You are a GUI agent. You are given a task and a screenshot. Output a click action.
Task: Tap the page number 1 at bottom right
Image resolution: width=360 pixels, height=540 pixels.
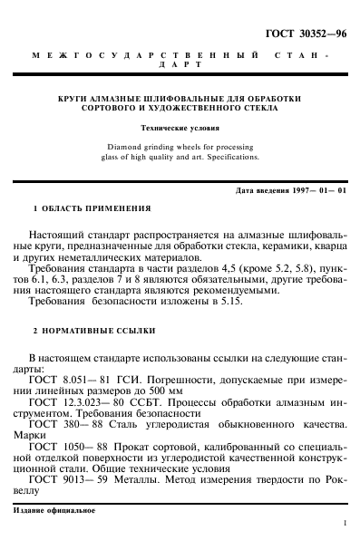345,524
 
